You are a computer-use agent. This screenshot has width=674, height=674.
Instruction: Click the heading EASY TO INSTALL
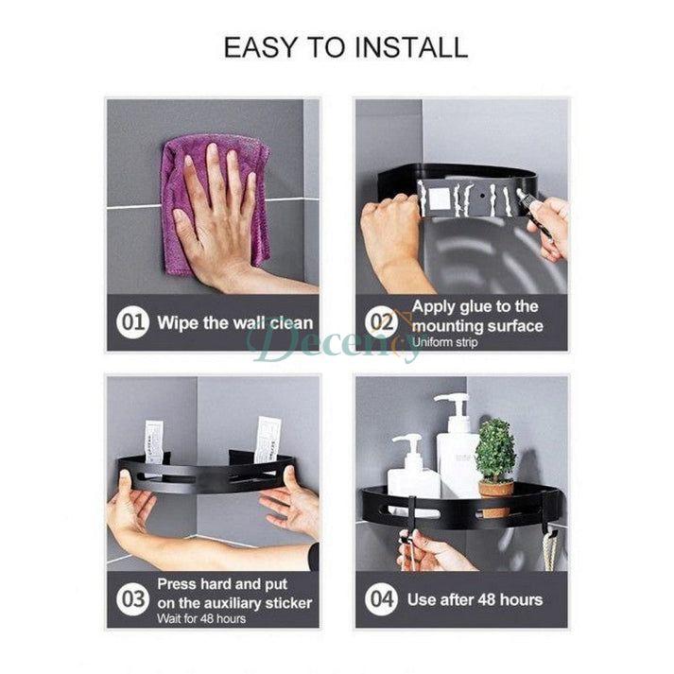(x=345, y=47)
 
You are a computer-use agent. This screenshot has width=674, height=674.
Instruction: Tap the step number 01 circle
(x=132, y=322)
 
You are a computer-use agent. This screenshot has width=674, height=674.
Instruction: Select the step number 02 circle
(x=382, y=322)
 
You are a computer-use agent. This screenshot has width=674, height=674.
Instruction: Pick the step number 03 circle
(x=132, y=598)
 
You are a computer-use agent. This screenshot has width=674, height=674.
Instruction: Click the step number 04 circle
(x=382, y=598)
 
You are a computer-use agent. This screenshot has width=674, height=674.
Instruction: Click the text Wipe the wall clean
(x=234, y=322)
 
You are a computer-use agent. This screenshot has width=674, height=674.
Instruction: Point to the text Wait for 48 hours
(x=201, y=618)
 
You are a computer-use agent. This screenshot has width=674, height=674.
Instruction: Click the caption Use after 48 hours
(x=475, y=599)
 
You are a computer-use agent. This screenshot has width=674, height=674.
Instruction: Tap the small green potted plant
(x=495, y=451)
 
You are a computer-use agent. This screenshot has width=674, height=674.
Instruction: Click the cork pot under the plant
(x=495, y=488)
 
